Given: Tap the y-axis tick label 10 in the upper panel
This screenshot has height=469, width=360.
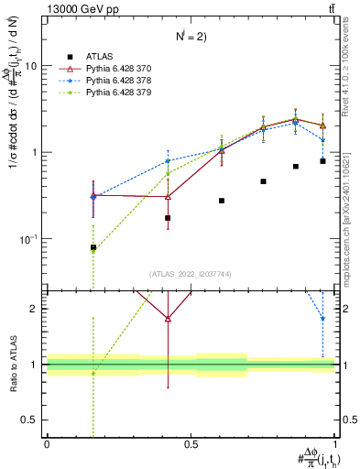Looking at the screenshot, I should (x=30, y=66).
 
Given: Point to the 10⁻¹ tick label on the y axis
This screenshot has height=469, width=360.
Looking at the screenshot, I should (x=27, y=239).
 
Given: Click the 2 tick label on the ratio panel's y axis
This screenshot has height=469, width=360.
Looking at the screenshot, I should (x=33, y=309).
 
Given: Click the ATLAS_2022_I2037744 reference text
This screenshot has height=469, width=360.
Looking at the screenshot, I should (x=191, y=275).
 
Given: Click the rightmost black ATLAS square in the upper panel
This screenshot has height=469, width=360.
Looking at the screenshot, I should (x=323, y=161).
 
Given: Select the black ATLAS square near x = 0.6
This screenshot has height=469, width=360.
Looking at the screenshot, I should (x=222, y=201).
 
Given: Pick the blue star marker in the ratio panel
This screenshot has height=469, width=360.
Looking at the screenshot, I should (x=322, y=319).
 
